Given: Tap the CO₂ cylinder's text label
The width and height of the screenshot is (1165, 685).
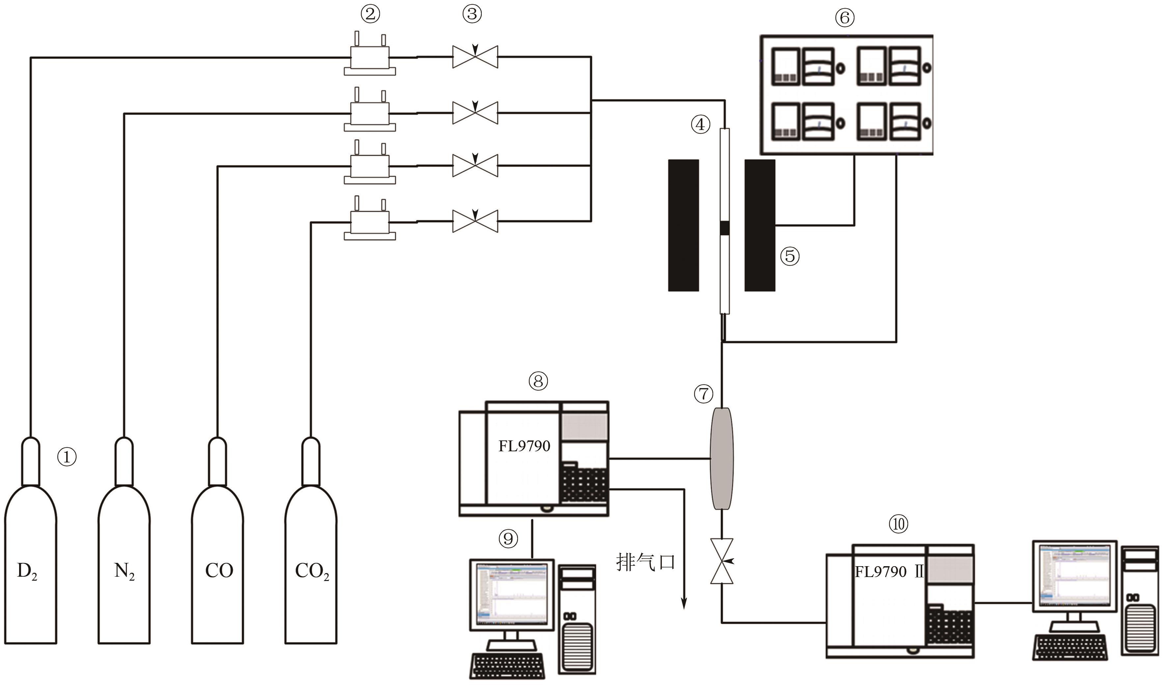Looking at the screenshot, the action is [x=312, y=572].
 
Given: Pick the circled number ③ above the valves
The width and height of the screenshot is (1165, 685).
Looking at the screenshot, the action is [x=472, y=14].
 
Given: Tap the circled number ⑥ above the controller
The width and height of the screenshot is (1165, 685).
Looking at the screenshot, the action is [x=845, y=18].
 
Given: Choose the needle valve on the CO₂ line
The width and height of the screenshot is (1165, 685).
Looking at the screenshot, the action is [x=475, y=221].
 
